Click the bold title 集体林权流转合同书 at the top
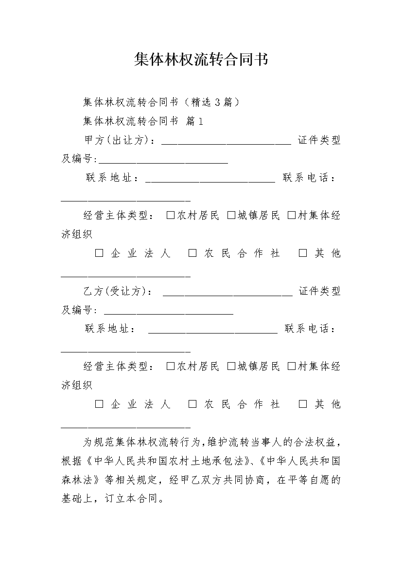click(201, 60)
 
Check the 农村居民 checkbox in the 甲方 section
click(170, 216)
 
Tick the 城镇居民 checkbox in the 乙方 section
click(231, 367)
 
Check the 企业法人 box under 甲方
click(99, 253)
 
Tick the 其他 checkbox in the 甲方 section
click(303, 253)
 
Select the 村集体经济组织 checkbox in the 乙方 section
click(291, 367)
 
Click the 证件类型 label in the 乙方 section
click(319, 291)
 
